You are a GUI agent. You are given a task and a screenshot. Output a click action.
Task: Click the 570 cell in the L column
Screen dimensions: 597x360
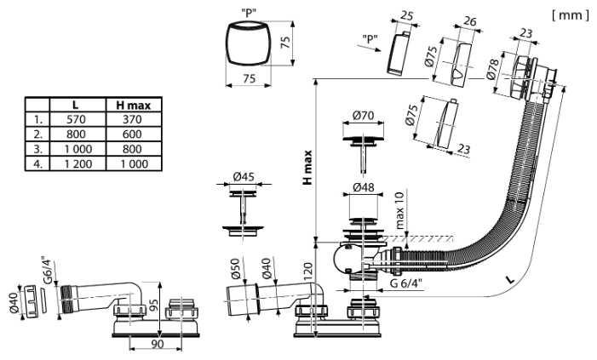(76, 119)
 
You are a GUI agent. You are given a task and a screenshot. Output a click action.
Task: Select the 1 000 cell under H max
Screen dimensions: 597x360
(133, 164)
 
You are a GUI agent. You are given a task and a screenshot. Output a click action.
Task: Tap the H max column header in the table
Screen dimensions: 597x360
(133, 106)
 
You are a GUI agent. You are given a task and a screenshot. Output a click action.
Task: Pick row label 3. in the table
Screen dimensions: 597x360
(37, 149)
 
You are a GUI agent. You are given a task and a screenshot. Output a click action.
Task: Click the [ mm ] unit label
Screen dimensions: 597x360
(570, 15)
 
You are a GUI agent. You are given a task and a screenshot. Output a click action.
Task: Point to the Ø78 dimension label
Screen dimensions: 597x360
(493, 69)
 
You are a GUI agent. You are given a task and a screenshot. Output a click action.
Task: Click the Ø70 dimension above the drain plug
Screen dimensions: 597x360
(364, 115)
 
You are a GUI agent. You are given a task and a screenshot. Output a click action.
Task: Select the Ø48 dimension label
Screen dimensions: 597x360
(364, 187)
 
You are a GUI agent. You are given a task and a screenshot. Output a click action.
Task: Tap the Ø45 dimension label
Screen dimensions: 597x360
(244, 176)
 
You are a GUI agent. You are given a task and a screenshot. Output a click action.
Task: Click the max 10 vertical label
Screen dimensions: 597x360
(399, 210)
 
